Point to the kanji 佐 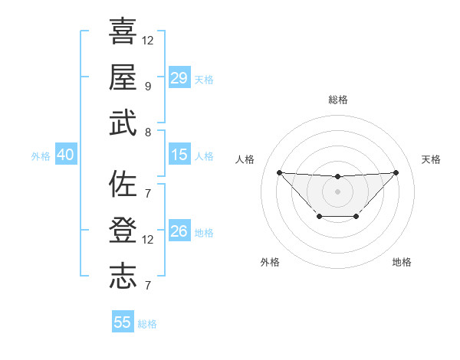tap(123, 184)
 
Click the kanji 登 tap(123, 231)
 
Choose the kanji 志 tap(123, 277)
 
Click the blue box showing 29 tap(179, 78)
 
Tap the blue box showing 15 tap(179, 155)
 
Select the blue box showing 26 tap(179, 231)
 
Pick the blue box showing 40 tap(65, 155)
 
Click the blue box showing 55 tap(123, 322)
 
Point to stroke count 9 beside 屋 tap(147, 86)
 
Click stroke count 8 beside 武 tap(147, 132)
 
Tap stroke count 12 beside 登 tap(148, 240)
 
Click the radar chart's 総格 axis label tap(337, 100)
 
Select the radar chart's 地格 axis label tap(402, 262)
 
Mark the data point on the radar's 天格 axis tap(396, 172)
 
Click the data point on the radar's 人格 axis tap(279, 172)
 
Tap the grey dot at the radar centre tap(337, 191)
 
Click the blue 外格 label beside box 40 tap(41, 155)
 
